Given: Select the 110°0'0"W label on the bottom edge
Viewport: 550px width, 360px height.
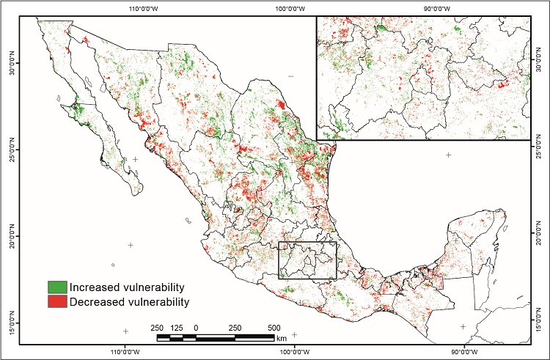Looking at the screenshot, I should pos(125,351).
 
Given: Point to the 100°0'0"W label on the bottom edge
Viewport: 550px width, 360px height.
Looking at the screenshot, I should pos(294,351).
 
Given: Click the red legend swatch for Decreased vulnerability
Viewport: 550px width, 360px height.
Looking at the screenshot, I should pos(58,301).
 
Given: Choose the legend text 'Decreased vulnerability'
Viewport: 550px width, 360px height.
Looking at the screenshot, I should pos(130,301).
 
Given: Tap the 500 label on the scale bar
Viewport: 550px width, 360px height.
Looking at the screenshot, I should pos(273,327).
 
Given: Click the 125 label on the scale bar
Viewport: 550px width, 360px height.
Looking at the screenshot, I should pos(177,327).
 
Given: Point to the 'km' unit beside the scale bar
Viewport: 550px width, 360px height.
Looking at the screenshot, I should pos(282,338).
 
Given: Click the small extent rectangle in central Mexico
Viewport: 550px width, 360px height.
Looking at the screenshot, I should pos(308,260).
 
